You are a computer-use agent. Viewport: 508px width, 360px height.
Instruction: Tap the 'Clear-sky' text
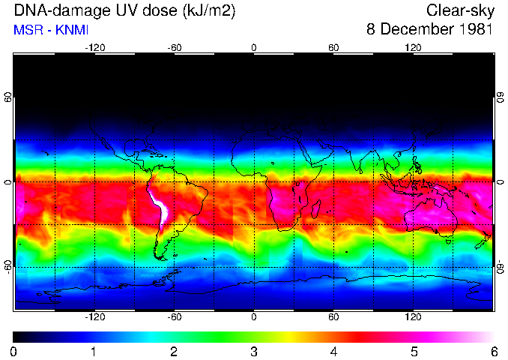[459, 11]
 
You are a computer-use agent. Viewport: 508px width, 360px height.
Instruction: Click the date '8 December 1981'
[429, 30]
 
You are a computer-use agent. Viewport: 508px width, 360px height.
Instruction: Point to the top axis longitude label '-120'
[94, 48]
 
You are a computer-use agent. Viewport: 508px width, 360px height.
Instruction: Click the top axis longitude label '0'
[254, 48]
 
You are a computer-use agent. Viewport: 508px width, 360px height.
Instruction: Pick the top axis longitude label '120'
[413, 48]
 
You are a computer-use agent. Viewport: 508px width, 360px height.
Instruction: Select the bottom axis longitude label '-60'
[174, 317]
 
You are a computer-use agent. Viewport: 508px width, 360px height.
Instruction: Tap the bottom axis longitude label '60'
[333, 317]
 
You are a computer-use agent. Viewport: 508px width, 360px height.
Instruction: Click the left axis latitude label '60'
[8, 98]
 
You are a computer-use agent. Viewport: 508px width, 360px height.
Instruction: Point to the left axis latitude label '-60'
[8, 266]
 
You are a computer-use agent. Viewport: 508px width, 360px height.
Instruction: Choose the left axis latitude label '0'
[8, 182]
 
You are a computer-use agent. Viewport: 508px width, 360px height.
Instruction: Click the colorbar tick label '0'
[14, 351]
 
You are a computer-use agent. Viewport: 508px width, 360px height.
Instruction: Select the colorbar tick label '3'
[254, 351]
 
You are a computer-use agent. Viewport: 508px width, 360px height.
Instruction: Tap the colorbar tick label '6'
[493, 351]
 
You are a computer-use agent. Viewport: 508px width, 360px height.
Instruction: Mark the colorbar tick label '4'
[333, 351]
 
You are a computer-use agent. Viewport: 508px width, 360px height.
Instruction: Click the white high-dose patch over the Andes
[160, 205]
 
